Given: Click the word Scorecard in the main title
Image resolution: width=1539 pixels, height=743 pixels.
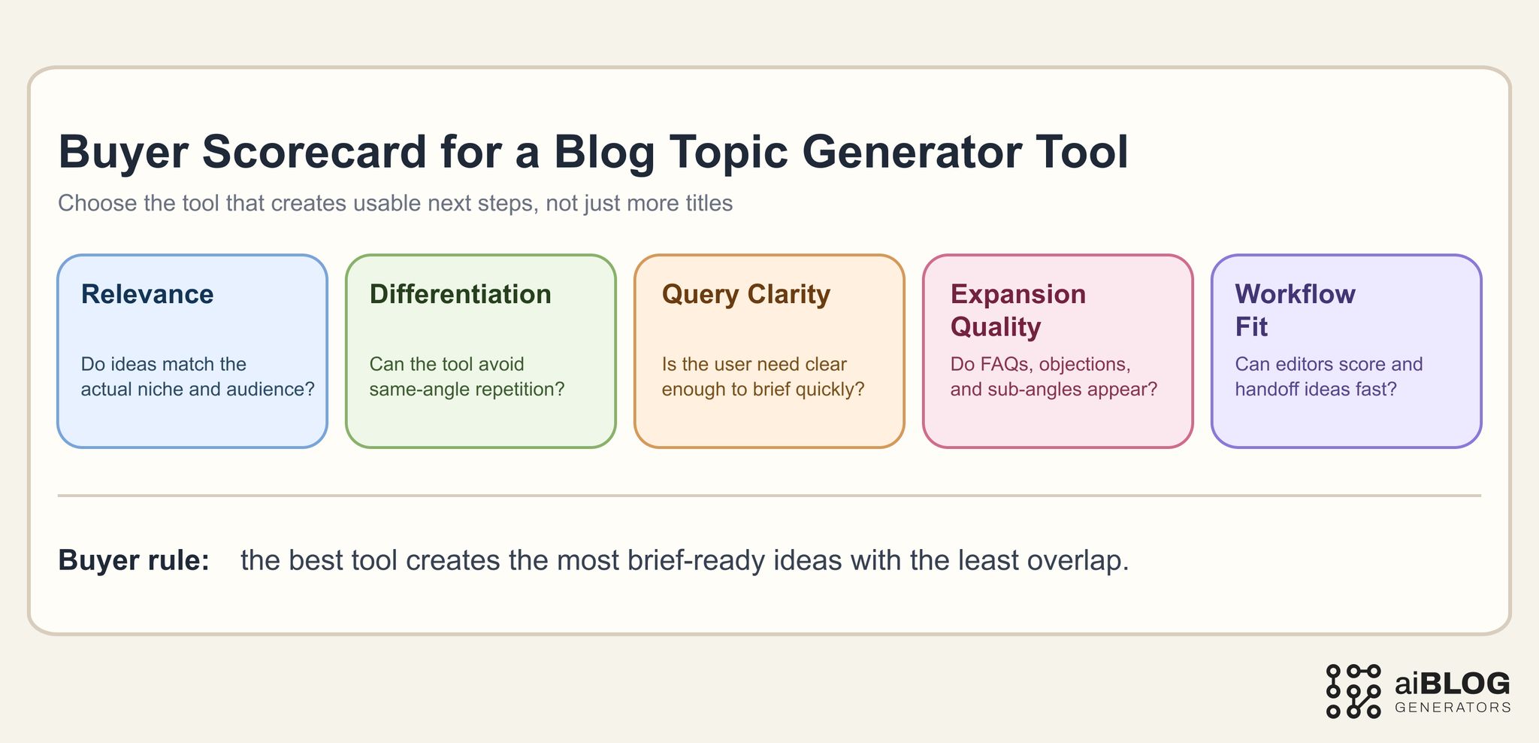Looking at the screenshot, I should [x=314, y=152].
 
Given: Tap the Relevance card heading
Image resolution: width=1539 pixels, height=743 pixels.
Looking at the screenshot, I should [x=147, y=294].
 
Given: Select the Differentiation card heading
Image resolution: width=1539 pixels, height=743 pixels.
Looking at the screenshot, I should [x=460, y=294].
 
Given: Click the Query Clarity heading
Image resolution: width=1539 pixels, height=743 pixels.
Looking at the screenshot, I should [x=745, y=294].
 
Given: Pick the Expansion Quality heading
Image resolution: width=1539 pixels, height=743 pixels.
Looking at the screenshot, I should [x=1017, y=310].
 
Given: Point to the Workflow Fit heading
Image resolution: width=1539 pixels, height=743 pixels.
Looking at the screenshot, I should [x=1295, y=310].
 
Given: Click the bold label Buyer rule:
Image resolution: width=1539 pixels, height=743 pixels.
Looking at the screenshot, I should [x=134, y=561].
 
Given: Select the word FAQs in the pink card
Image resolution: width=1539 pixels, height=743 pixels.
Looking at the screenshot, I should [x=1003, y=364].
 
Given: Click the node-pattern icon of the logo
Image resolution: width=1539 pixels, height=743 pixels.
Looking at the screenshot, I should [x=1353, y=690].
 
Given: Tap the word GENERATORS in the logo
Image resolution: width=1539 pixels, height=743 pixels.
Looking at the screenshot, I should [x=1452, y=708].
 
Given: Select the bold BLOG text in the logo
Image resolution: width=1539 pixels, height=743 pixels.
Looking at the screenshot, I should [x=1465, y=683].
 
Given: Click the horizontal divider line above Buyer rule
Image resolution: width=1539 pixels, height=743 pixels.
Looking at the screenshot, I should [x=769, y=496].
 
